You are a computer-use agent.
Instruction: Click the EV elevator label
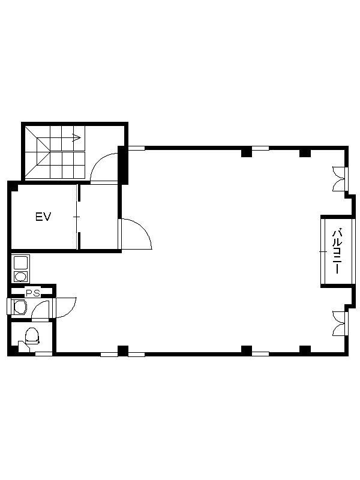[43, 217]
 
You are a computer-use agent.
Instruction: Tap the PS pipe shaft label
[33, 293]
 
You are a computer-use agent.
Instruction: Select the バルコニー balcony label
[337, 251]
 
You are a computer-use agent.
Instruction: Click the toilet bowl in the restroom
[32, 335]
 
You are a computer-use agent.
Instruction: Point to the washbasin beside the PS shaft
[20, 307]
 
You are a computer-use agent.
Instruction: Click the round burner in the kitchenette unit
[20, 277]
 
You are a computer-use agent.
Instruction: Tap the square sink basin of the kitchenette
[20, 263]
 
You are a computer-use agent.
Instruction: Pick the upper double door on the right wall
[340, 179]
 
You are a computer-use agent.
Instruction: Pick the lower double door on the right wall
[340, 323]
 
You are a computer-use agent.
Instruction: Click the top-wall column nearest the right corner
[305, 152]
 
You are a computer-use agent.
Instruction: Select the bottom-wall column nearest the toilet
[123, 350]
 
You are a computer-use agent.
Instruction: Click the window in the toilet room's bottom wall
[43, 354]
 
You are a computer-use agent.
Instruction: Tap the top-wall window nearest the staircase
[137, 148]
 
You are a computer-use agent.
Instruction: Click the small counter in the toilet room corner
[23, 346]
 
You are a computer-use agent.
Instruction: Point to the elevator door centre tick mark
[77, 217]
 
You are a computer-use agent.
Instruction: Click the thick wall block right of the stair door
[123, 166]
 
